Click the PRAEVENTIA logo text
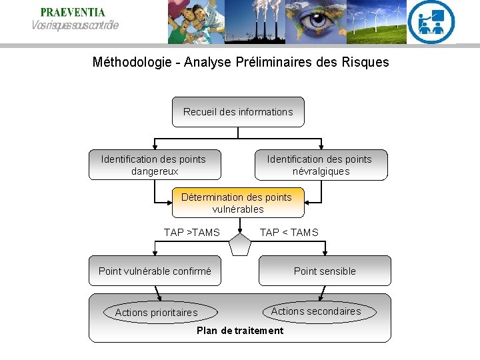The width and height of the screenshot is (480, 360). (73, 12)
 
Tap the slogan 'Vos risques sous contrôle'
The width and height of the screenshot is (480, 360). (75, 25)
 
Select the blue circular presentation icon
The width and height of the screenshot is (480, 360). (431, 21)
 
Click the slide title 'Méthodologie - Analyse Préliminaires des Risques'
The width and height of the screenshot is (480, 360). (240, 63)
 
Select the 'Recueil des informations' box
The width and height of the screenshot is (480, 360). (238, 112)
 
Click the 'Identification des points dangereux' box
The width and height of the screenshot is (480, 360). (155, 165)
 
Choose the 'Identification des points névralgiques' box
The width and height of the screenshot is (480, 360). (321, 165)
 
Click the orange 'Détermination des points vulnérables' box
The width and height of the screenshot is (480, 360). (237, 203)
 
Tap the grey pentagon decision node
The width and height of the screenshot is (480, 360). (239, 245)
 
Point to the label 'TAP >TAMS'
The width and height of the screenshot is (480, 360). (191, 233)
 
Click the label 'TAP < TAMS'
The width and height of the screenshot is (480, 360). (289, 233)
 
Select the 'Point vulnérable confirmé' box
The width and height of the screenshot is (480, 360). (155, 271)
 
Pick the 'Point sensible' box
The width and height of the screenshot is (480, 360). (325, 271)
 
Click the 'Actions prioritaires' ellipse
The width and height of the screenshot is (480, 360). (156, 312)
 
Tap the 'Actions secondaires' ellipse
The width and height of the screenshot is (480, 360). (316, 311)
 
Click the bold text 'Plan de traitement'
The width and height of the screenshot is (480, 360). (240, 331)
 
